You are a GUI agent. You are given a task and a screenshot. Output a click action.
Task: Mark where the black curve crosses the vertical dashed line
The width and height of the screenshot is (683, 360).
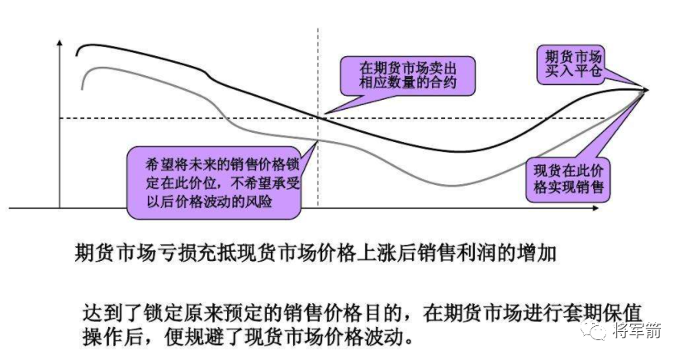click(x=318, y=116)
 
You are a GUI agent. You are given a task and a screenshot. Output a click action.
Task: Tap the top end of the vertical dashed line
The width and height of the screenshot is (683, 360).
click(x=318, y=30)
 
